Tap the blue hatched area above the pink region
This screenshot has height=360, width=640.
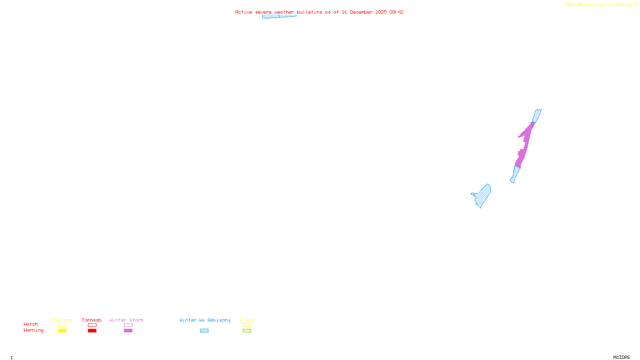[x=537, y=115]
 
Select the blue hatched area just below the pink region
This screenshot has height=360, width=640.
[x=515, y=174]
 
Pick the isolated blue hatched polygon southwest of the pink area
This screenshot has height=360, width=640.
[x=483, y=195]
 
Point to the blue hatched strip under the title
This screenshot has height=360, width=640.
[x=279, y=16]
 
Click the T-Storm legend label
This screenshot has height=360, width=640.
[x=62, y=320]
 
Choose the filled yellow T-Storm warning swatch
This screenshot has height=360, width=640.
[x=62, y=331]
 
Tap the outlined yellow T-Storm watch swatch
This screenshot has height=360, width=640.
[x=62, y=325]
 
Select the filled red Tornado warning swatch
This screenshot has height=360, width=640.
[x=92, y=331]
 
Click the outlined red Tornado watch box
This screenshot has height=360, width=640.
[x=92, y=325]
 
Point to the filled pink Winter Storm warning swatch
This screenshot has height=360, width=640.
[x=128, y=331]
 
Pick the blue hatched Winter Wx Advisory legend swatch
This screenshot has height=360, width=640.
[x=204, y=331]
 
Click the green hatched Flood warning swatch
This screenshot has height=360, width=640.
[x=247, y=331]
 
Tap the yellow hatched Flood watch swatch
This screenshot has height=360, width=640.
[x=247, y=325]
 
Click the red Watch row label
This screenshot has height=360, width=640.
[x=31, y=324]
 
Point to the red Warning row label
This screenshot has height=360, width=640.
[x=33, y=330]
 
